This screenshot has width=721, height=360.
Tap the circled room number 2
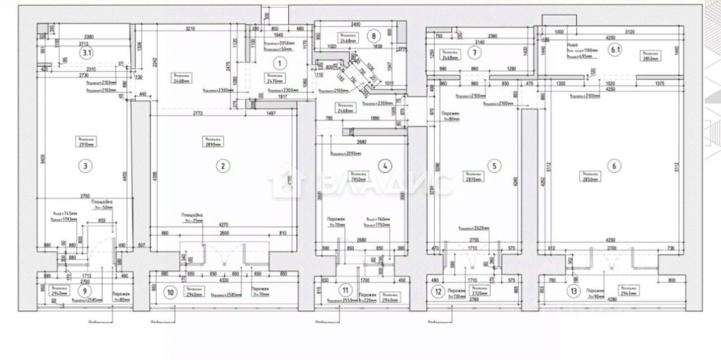point(223,166)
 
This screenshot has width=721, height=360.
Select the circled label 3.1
point(86,54)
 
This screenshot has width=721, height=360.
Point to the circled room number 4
point(385,166)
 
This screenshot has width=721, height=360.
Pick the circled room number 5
point(493,166)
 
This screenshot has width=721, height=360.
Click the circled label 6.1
point(615,49)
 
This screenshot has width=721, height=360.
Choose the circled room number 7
point(475,54)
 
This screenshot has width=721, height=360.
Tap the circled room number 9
point(84,291)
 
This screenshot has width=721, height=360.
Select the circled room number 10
point(168,292)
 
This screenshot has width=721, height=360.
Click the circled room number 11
point(345,290)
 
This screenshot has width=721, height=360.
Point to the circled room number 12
point(438,291)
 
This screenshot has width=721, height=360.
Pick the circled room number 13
point(574,291)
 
